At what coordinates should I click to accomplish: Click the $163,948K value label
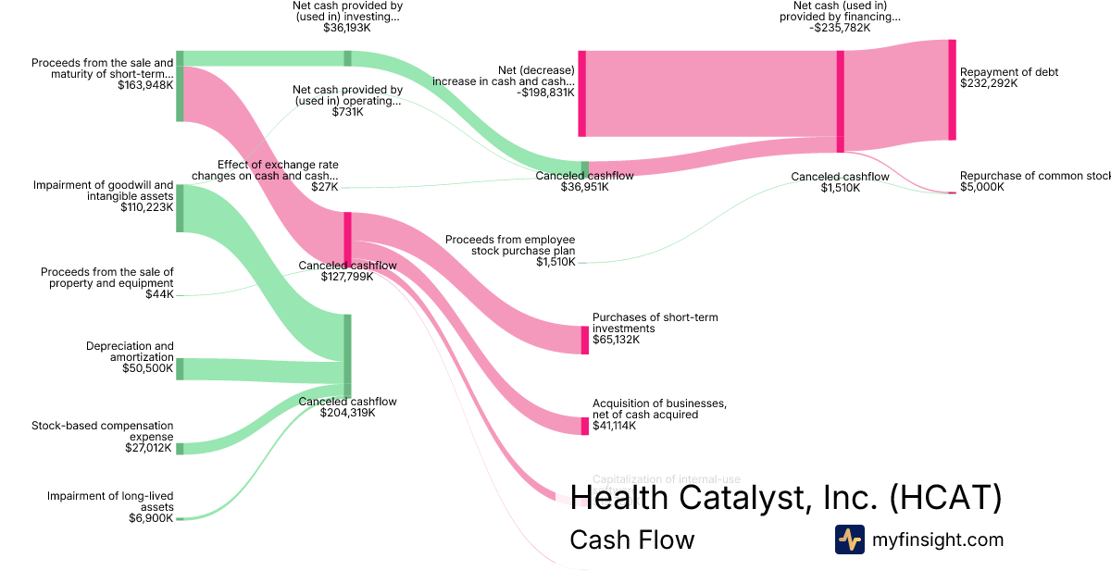coord(145,85)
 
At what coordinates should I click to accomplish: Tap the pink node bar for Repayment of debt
coord(951,90)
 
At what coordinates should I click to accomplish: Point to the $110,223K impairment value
coord(146,207)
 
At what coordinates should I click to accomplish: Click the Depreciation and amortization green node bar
coord(180,368)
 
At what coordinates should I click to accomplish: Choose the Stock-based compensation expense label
coord(102,431)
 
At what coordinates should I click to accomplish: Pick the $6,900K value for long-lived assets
coord(150,518)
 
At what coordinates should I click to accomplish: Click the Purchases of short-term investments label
coord(655,323)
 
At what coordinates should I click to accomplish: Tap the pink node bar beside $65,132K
coord(584,340)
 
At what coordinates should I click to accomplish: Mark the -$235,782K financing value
coord(840,28)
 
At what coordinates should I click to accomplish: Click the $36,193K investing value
coord(347,28)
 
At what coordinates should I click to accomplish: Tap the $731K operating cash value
coord(347,112)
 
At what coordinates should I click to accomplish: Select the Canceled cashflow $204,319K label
coord(347,407)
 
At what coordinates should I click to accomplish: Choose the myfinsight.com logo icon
coord(849,540)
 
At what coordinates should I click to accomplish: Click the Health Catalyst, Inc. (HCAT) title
coord(785,498)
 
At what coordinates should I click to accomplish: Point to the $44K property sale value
coord(159,294)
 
